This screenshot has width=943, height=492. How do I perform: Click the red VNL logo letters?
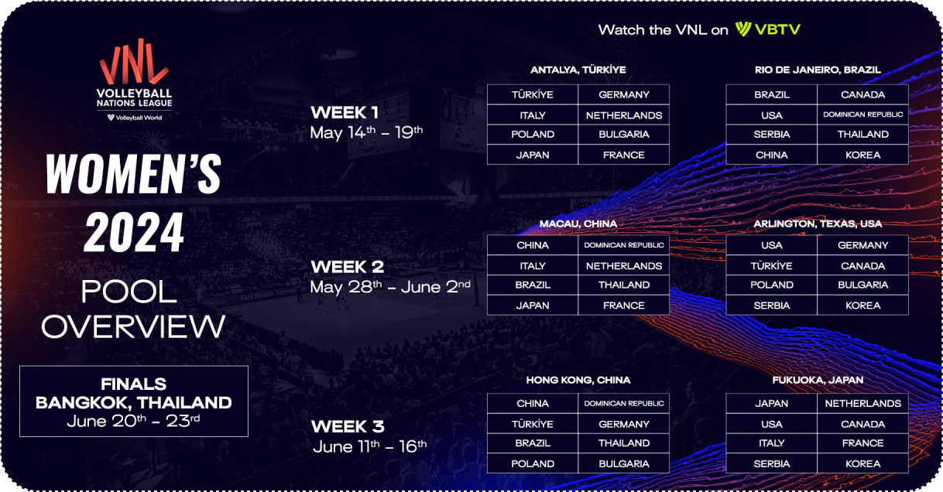coord(134,61)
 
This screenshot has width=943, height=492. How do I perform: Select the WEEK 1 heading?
coord(345,113)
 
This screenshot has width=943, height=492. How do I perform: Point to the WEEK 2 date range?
coord(390,287)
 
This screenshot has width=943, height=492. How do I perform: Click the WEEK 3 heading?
coord(348,426)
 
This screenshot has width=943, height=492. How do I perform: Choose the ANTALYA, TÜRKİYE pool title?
coord(578,70)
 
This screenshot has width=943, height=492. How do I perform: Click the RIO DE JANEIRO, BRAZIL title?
coord(818,70)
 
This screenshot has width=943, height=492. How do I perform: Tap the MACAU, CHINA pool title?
coord(578,224)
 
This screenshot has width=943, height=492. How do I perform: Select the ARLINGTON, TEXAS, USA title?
coord(818,224)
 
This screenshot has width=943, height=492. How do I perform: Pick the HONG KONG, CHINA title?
coord(578,380)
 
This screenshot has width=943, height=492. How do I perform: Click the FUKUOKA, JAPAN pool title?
coord(818,380)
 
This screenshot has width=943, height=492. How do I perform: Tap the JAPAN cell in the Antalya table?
coord(533,155)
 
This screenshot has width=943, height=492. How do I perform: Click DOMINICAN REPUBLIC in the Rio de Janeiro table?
coord(863,114)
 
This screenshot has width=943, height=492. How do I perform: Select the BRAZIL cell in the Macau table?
coord(533,285)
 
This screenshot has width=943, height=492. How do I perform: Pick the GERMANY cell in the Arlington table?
coord(863,245)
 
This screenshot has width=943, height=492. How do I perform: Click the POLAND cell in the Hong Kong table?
coord(533,464)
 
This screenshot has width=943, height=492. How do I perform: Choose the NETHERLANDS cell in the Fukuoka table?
coord(863,404)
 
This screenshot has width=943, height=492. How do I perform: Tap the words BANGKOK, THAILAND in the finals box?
coord(134,403)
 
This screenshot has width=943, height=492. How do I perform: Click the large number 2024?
coord(134,232)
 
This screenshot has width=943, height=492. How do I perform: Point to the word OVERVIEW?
coord(133,326)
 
